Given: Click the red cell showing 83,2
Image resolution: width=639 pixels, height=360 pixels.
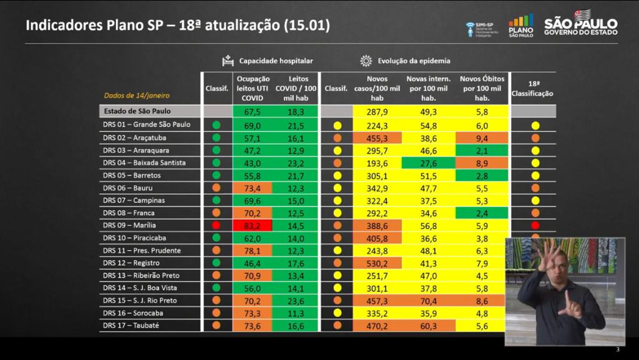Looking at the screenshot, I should [252, 225].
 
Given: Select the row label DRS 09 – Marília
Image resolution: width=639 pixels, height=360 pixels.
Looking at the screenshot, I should [129, 225].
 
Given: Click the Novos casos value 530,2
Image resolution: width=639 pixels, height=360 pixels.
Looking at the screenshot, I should [378, 263].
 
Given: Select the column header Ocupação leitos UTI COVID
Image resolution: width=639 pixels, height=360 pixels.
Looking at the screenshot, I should [252, 89].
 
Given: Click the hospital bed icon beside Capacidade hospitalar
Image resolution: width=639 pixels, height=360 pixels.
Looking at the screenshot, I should [228, 61].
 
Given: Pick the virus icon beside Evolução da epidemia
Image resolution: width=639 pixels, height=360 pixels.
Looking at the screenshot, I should [366, 61].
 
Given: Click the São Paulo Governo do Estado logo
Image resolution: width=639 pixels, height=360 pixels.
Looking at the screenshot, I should [581, 25].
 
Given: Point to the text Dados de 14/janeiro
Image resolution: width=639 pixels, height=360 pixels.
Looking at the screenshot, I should [137, 96].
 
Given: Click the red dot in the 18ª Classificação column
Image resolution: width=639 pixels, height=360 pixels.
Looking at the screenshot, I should [535, 225].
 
